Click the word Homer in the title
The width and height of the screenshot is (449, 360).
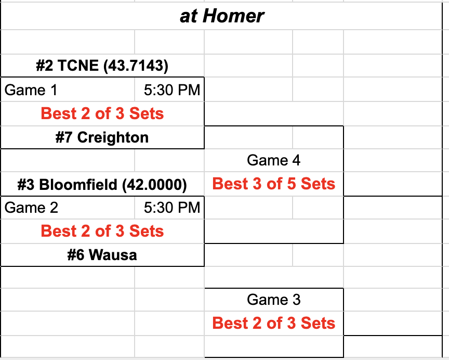233,16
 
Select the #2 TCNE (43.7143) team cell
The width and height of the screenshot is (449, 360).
102,66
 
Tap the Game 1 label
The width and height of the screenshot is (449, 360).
31,90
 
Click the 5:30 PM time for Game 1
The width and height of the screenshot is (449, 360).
172,90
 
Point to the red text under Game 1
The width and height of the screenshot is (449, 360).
102,113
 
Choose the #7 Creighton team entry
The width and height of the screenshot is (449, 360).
102,137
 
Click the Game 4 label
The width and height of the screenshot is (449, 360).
274,160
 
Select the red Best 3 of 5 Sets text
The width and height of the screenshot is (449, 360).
274,184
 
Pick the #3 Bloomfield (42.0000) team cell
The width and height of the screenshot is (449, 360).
102,184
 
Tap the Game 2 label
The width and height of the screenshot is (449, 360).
31,208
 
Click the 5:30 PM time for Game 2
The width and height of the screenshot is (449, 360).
172,208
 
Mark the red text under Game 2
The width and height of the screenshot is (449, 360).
102,231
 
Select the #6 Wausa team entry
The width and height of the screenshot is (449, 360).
102,255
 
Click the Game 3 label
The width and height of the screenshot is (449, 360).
274,300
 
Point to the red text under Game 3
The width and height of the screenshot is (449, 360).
274,323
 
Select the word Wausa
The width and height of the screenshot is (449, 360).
113,255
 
